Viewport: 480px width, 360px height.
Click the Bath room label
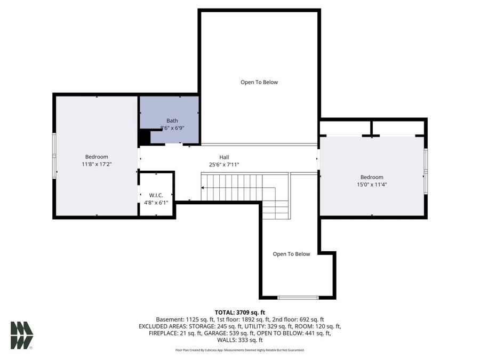172,121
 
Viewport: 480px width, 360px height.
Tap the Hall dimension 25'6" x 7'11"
224,165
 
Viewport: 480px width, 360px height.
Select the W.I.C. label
156,195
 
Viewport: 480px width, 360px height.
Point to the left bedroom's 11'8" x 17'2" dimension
97,164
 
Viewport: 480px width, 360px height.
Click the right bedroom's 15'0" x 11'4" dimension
372,185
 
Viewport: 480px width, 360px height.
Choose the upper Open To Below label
259,82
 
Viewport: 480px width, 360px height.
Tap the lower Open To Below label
291,254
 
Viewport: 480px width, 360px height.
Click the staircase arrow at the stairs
203,188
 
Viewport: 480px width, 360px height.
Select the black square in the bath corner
144,138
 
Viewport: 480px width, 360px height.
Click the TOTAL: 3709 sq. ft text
239,312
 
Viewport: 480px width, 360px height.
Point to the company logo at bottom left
22,335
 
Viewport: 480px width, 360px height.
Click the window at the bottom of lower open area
298,297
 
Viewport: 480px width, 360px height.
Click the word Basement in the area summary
170,319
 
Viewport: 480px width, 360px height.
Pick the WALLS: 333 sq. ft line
239,340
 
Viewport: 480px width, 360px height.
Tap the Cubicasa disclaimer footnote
239,350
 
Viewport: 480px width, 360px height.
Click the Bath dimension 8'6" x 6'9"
172,128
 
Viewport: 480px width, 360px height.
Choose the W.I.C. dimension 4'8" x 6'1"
156,203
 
